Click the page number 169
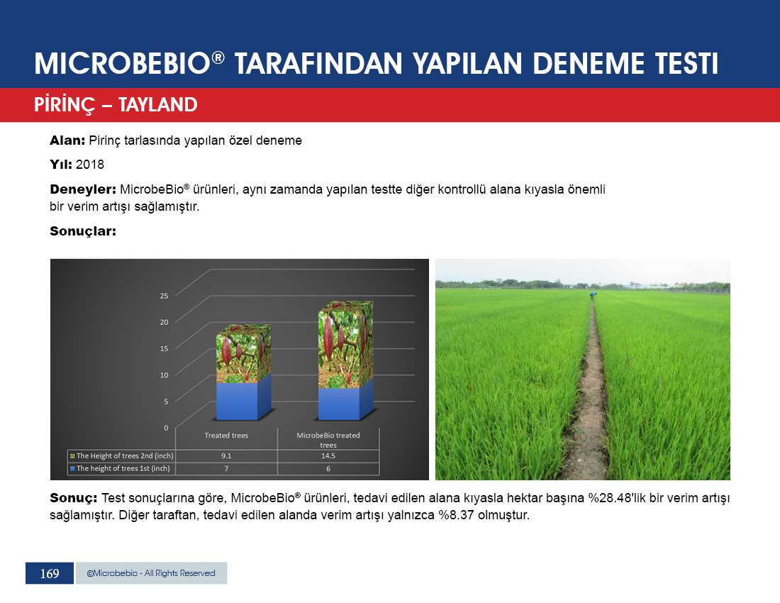point(49,574)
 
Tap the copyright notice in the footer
point(151,573)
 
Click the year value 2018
point(90,165)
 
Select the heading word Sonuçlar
point(82,231)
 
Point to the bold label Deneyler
point(82,189)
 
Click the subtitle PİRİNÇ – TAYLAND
point(116,105)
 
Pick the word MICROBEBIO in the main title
point(123,64)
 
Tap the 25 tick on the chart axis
point(164,296)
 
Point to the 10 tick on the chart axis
point(164,375)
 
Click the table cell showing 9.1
point(226,455)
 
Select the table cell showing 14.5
point(328,455)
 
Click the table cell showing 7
point(226,469)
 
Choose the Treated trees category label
point(226,436)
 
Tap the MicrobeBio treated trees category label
point(328,440)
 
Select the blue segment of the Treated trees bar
point(243,400)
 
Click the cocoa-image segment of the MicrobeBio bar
point(345,344)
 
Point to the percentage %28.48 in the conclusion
point(610,498)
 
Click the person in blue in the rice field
point(593,295)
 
